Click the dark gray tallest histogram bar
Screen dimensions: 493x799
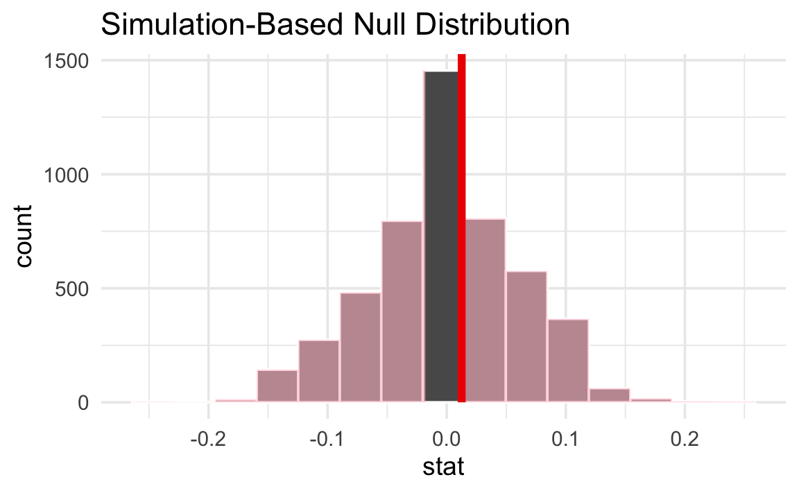(441, 236)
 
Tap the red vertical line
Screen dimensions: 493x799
(461, 229)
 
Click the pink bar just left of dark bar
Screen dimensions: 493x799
(402, 311)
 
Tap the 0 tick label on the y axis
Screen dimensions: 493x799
(83, 402)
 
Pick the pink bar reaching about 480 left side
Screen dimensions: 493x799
(361, 347)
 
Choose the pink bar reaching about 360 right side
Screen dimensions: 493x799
(568, 360)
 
